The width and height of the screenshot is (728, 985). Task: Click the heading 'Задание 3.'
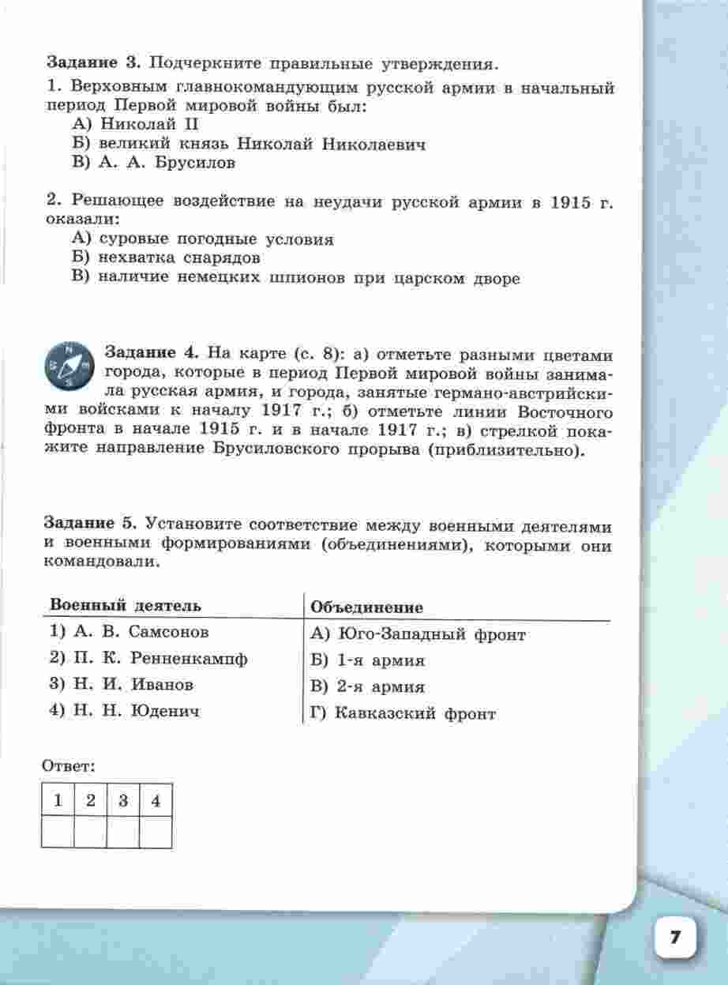point(94,62)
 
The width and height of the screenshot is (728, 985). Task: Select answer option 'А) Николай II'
point(123,124)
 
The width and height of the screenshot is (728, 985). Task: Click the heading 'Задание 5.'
point(91,524)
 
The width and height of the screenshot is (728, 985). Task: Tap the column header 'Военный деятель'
point(126,606)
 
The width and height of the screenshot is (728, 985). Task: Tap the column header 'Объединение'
point(367,607)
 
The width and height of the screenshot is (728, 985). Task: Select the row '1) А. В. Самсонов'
point(129,633)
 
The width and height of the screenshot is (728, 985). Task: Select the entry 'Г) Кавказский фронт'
point(403,714)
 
